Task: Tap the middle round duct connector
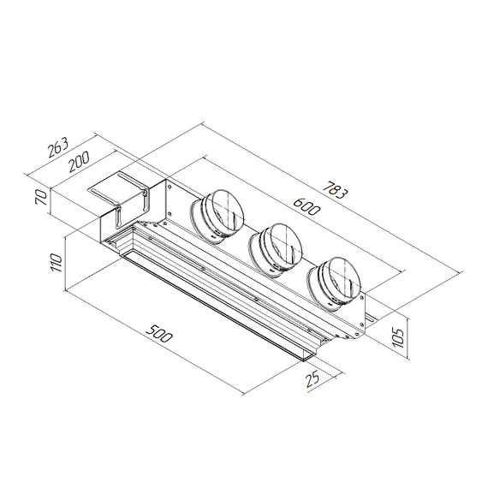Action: (276, 248)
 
